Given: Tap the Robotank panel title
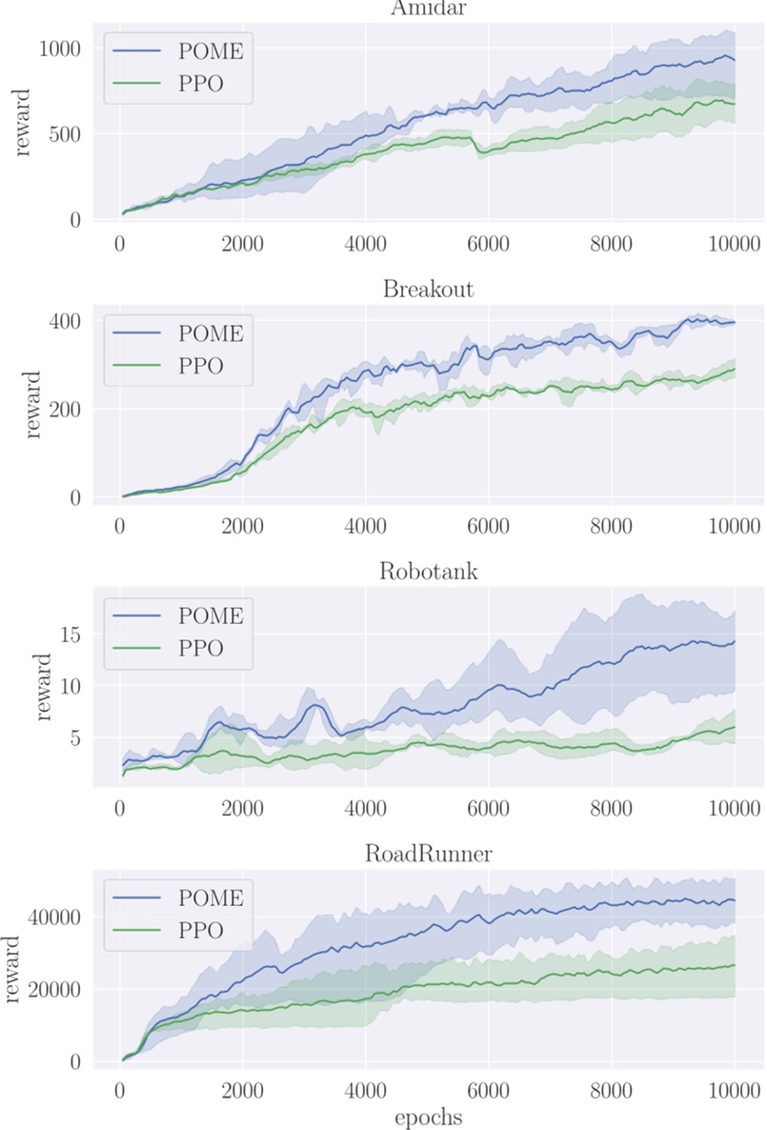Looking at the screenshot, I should click(x=428, y=572).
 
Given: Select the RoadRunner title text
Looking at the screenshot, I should click(x=428, y=854).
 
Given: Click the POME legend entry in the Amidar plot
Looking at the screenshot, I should click(x=211, y=51).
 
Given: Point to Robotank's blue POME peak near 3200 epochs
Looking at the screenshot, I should click(x=315, y=705).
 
